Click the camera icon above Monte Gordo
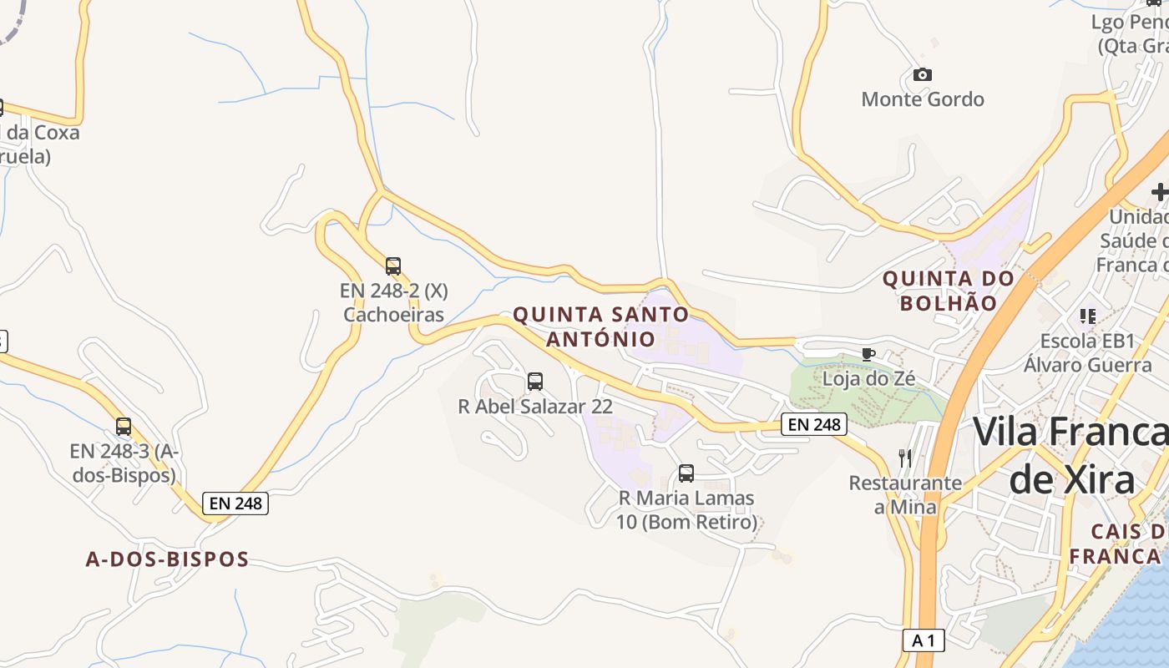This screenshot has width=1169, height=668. point(922,75)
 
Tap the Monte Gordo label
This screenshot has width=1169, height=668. point(922,99)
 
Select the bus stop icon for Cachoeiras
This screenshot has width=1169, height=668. point(393,266)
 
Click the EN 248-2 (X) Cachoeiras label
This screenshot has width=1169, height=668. point(394,303)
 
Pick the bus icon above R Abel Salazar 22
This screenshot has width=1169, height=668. point(535,382)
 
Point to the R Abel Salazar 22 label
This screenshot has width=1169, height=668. point(535,407)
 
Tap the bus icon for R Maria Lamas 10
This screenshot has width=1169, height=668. point(686,473)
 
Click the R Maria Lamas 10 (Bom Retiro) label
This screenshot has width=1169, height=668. point(686,510)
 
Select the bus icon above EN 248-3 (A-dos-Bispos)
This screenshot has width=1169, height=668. point(124,427)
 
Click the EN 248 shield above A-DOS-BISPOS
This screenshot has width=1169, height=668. point(235,504)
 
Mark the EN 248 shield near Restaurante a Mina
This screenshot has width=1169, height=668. point(814,424)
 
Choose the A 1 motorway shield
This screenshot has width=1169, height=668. point(924,640)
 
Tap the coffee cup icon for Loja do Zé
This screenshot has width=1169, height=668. point(868,354)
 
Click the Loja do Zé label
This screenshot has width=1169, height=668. point(868,378)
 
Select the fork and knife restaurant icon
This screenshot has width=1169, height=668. point(905,458)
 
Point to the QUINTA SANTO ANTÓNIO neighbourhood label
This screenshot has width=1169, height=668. point(601,326)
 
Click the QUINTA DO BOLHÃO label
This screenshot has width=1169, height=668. point(949,290)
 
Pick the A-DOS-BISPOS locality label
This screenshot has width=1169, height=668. point(167,559)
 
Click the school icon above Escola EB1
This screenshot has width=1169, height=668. point(1087,316)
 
